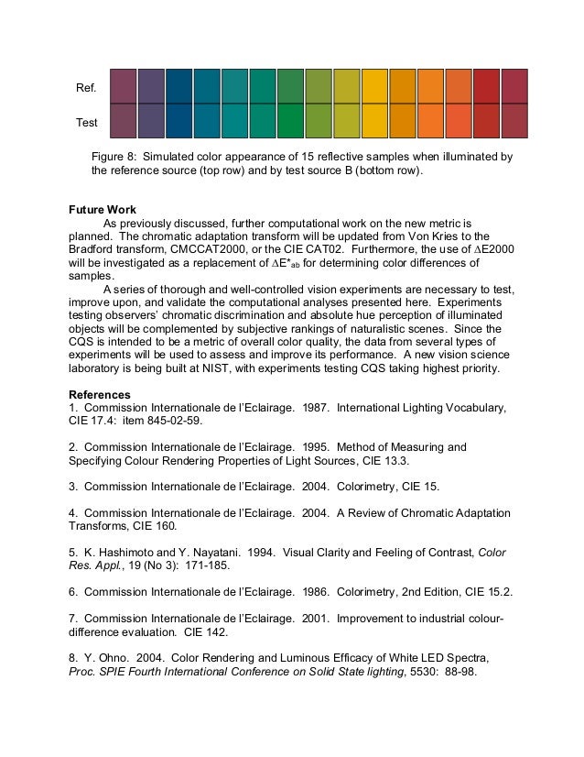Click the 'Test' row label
coord(86,121)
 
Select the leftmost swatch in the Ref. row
coord(124,85)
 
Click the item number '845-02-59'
coord(171,421)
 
